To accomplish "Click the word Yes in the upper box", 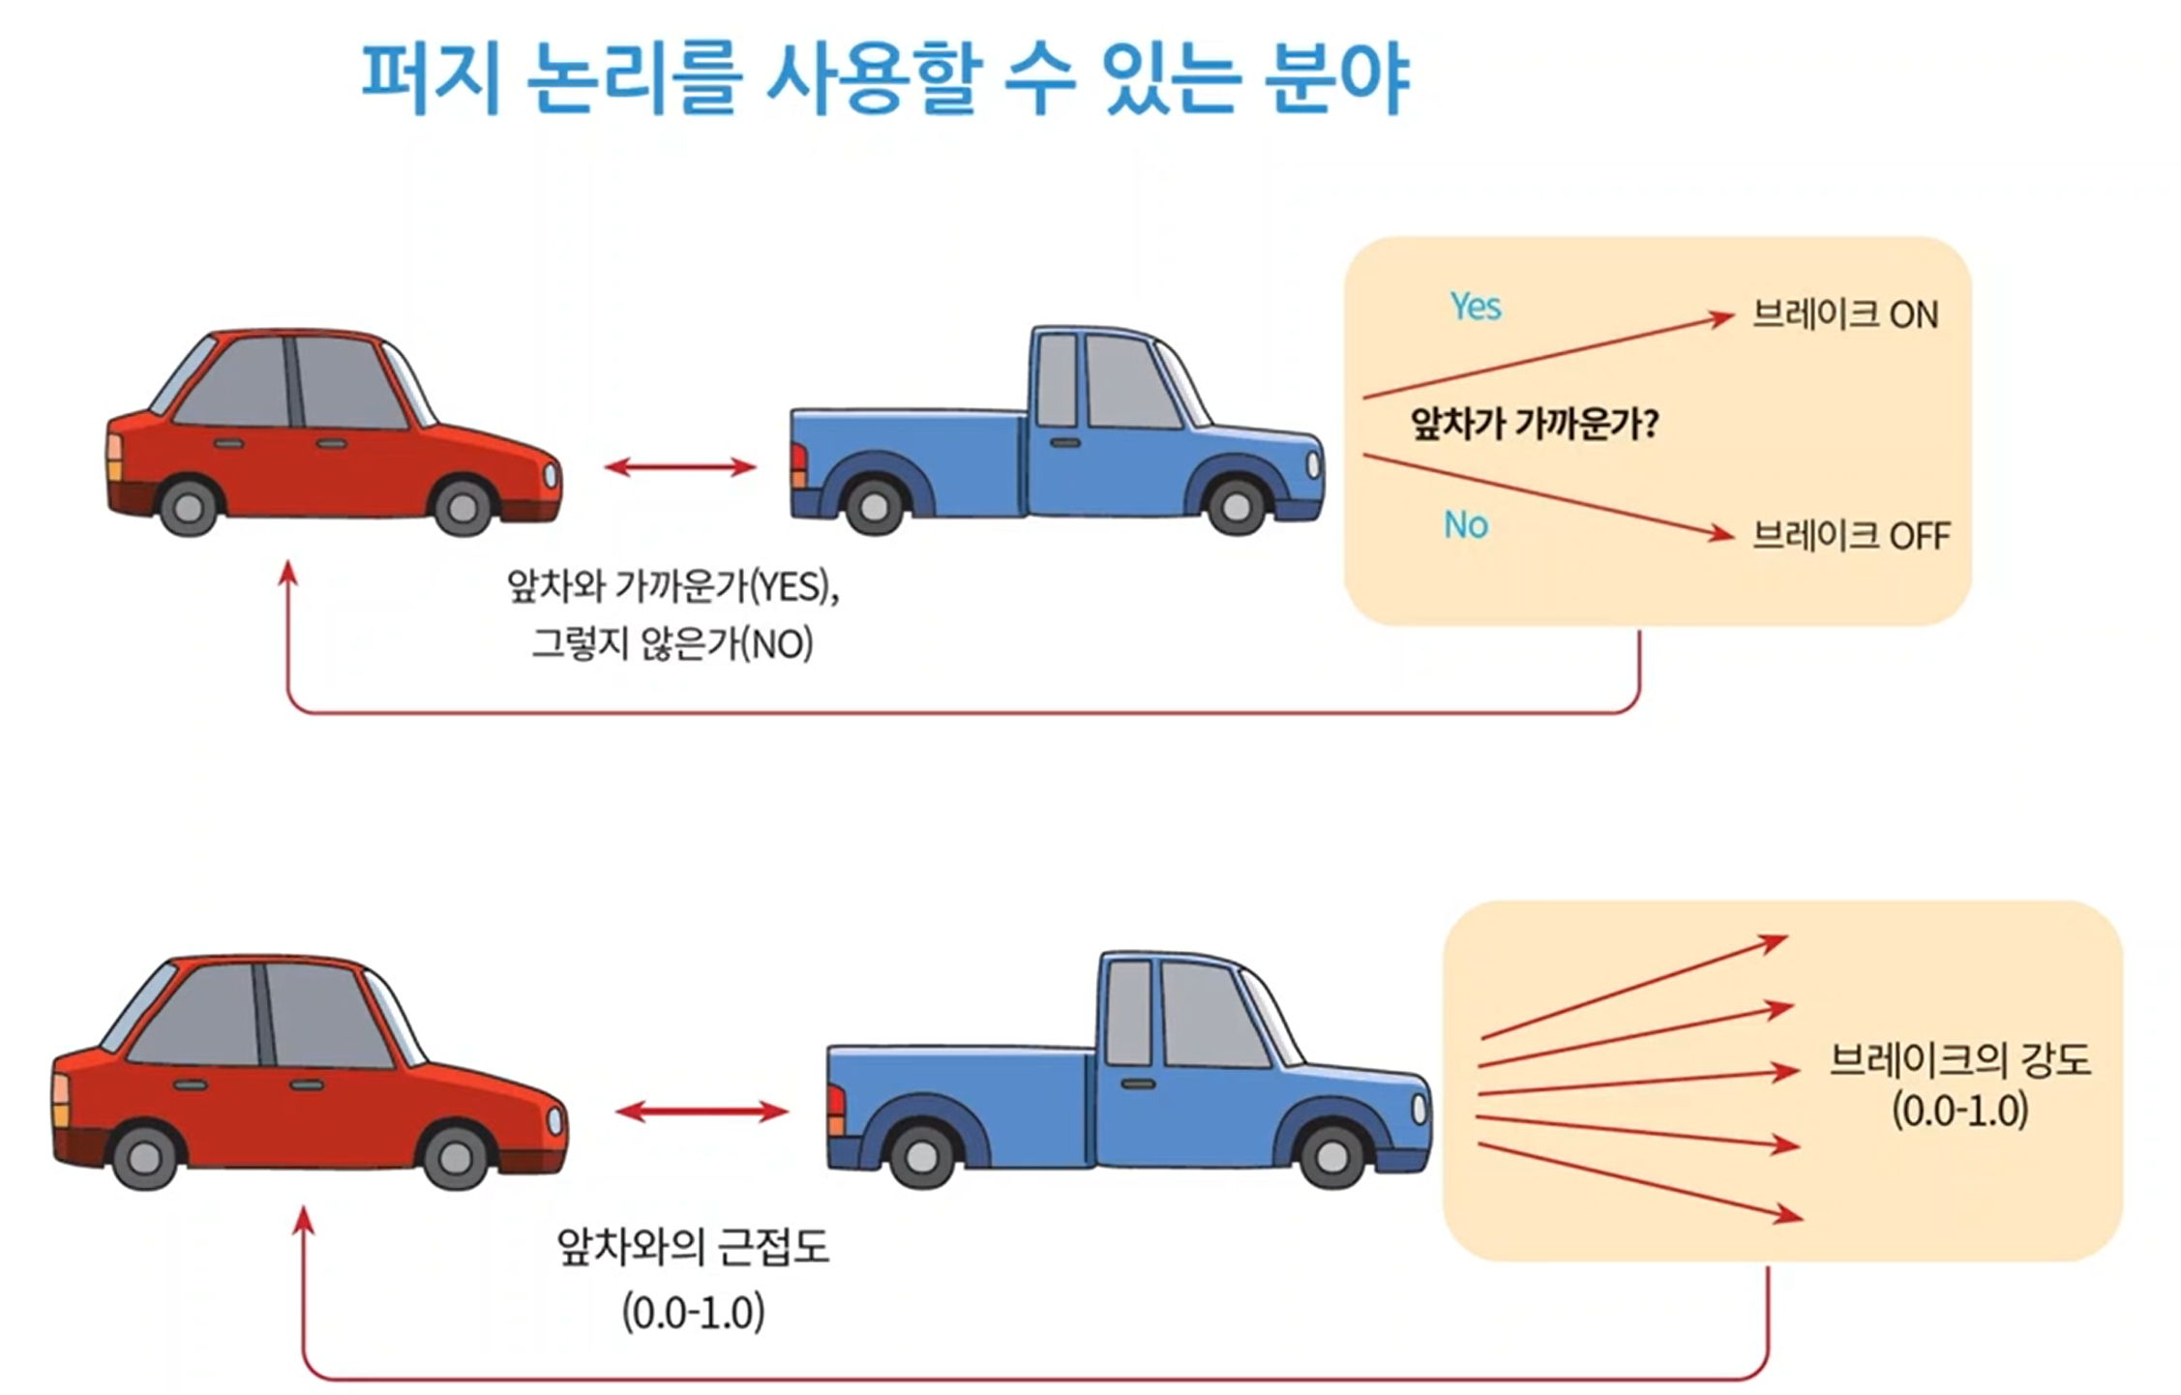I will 1475,307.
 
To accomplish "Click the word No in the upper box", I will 1465,525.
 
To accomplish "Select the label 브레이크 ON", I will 1845,315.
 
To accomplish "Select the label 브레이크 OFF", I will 1851,535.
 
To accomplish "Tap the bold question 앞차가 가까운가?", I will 1534,423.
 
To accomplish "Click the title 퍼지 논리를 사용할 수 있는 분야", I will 884,77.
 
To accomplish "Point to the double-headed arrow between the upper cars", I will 679,467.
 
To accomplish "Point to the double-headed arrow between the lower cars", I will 702,1112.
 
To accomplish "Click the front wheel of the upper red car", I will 463,504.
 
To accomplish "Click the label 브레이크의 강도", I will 1959,1060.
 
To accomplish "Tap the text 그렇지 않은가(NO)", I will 672,643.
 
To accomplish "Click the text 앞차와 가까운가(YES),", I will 672,586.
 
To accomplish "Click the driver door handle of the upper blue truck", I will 1065,443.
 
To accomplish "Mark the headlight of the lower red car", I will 554,1120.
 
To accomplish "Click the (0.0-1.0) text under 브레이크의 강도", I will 1959,1111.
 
